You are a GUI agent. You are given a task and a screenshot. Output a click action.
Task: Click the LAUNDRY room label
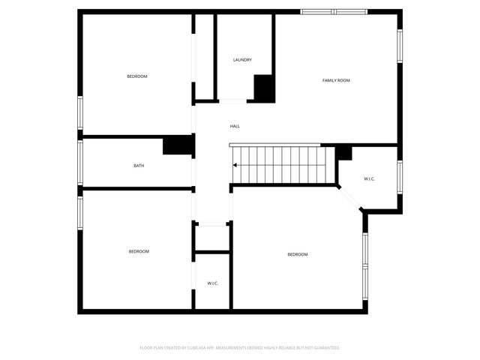[x=242, y=60]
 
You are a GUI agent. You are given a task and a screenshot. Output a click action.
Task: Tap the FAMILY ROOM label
[x=336, y=80]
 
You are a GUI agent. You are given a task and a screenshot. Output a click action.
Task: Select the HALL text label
[x=235, y=126]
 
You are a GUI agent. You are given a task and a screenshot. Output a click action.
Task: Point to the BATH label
[x=139, y=166]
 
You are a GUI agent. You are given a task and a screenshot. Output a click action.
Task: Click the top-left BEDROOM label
[x=137, y=76]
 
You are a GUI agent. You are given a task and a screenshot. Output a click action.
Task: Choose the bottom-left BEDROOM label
[x=139, y=251]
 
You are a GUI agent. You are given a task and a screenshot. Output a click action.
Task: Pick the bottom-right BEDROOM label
[x=298, y=254]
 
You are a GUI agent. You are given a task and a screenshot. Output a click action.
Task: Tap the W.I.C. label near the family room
[x=369, y=178]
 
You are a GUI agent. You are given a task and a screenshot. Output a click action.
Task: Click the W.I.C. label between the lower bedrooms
[x=212, y=283]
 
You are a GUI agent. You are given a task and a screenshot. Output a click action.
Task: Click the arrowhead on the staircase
[x=235, y=165]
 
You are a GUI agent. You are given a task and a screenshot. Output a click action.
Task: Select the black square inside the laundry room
[x=264, y=88]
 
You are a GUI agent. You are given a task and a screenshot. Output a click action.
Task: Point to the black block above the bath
[x=178, y=145]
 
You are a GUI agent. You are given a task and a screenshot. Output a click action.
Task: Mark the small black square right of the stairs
[x=343, y=152]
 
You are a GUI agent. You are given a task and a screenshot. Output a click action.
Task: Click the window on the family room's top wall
[x=334, y=12]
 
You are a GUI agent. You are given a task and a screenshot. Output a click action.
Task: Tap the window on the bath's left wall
[x=80, y=162]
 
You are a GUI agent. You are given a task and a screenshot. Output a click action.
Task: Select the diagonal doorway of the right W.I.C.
[x=351, y=199]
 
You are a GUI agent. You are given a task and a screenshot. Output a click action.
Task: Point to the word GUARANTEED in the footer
[x=325, y=348]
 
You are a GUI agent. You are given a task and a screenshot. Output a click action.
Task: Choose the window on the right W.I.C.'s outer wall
[x=400, y=176]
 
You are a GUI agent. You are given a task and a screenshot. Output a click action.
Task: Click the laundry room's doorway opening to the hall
[x=232, y=101]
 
